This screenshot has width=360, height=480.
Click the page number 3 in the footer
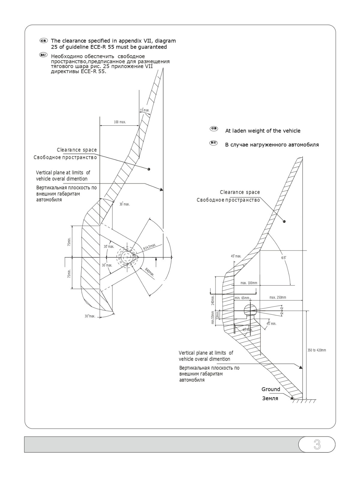coord(317,445)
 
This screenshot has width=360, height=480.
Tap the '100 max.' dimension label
coord(120,122)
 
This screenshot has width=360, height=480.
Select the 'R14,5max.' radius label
coord(150,247)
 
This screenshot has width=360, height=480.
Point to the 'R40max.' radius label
coord(149,272)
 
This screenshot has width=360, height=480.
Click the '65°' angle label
coord(284,258)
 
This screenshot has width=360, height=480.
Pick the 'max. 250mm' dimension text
coord(277,298)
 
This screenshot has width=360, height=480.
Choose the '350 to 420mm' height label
coord(316,350)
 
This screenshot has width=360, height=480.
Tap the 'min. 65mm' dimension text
coord(242,298)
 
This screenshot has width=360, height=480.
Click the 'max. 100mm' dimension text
coord(249,283)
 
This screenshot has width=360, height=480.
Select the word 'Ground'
coord(271,389)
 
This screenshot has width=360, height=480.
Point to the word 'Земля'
coord(270,399)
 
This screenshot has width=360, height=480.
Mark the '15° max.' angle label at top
coord(144,110)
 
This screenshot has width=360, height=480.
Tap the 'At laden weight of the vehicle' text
coord(262,131)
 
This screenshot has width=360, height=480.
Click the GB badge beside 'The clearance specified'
coord(43,40)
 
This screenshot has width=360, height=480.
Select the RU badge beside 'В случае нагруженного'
coord(213,143)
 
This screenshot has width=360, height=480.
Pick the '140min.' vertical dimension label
coord(213,300)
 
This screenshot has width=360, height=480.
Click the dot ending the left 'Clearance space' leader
coord(149,169)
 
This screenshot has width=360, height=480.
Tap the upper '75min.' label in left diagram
coord(69,242)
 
